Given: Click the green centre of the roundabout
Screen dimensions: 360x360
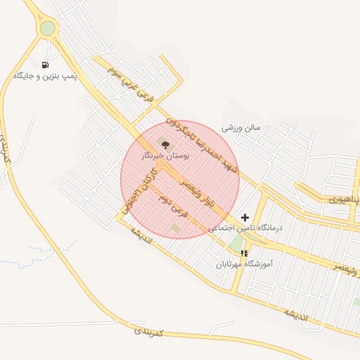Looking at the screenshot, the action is click(47, 28).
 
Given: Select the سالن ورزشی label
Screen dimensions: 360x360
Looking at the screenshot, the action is click(241, 128).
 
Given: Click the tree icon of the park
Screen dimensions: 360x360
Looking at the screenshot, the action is click(165, 143).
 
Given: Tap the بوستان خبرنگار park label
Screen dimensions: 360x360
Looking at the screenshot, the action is click(157, 155).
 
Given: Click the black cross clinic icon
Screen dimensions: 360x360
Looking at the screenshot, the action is click(245, 218).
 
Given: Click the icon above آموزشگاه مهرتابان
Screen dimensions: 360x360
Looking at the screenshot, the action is click(244, 253).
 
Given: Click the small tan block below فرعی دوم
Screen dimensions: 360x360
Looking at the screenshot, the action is click(175, 228).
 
